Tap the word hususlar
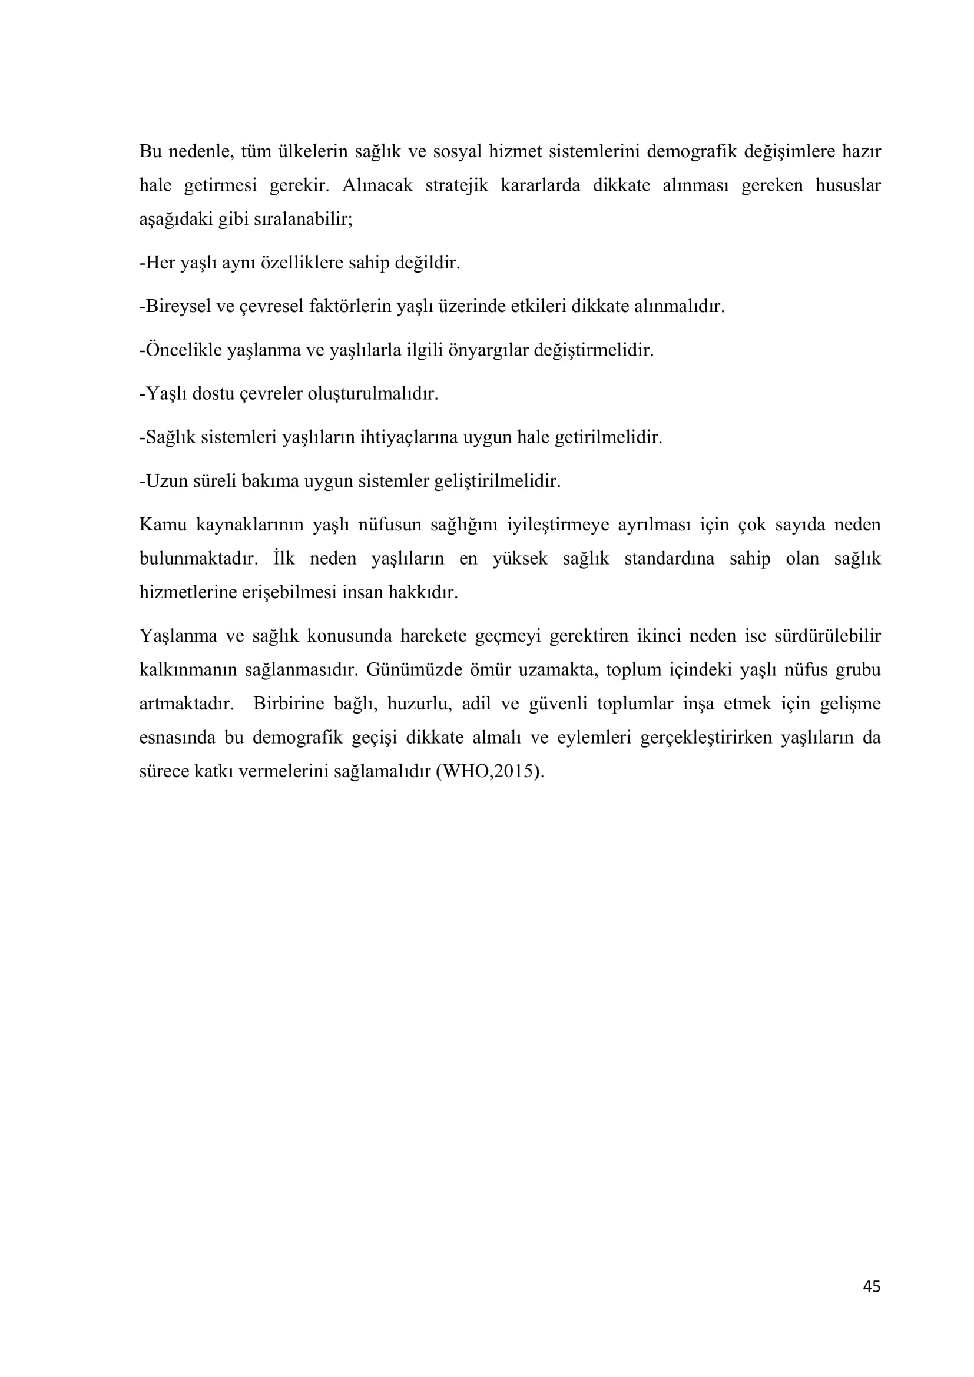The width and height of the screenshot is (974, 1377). tap(847, 185)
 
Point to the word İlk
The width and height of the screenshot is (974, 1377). tap(284, 558)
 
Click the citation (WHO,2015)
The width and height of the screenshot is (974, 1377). tap(490, 771)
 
